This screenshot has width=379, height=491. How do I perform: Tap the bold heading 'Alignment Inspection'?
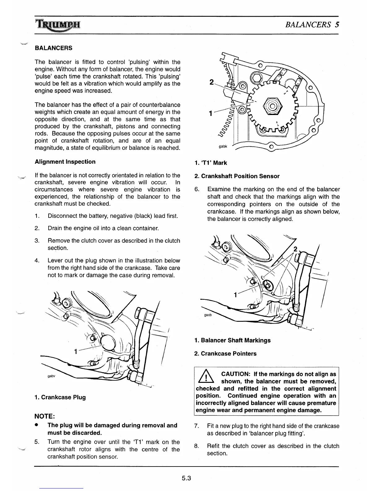click(65, 161)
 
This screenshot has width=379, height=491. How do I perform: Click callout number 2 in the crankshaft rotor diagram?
click(211, 82)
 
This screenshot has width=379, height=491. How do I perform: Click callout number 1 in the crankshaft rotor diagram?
click(211, 113)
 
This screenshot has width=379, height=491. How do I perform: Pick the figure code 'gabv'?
click(51, 376)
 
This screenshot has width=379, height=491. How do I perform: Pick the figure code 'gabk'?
click(223, 146)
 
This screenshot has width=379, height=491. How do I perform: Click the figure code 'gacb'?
click(208, 315)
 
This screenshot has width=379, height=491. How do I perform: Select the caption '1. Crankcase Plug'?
click(60, 397)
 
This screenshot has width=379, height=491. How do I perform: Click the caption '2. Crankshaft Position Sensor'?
click(237, 176)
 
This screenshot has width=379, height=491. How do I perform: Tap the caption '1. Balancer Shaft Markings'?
click(233, 340)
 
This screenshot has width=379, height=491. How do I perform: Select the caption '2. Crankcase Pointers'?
click(225, 353)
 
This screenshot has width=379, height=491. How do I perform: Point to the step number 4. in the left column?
click(37, 260)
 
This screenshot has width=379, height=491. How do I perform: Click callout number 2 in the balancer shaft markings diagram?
click(295, 249)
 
